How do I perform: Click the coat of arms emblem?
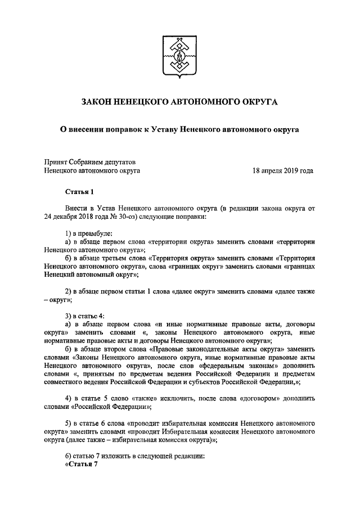click(180, 56)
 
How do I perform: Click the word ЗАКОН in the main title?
click(98, 102)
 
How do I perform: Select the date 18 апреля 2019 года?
click(283, 169)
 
